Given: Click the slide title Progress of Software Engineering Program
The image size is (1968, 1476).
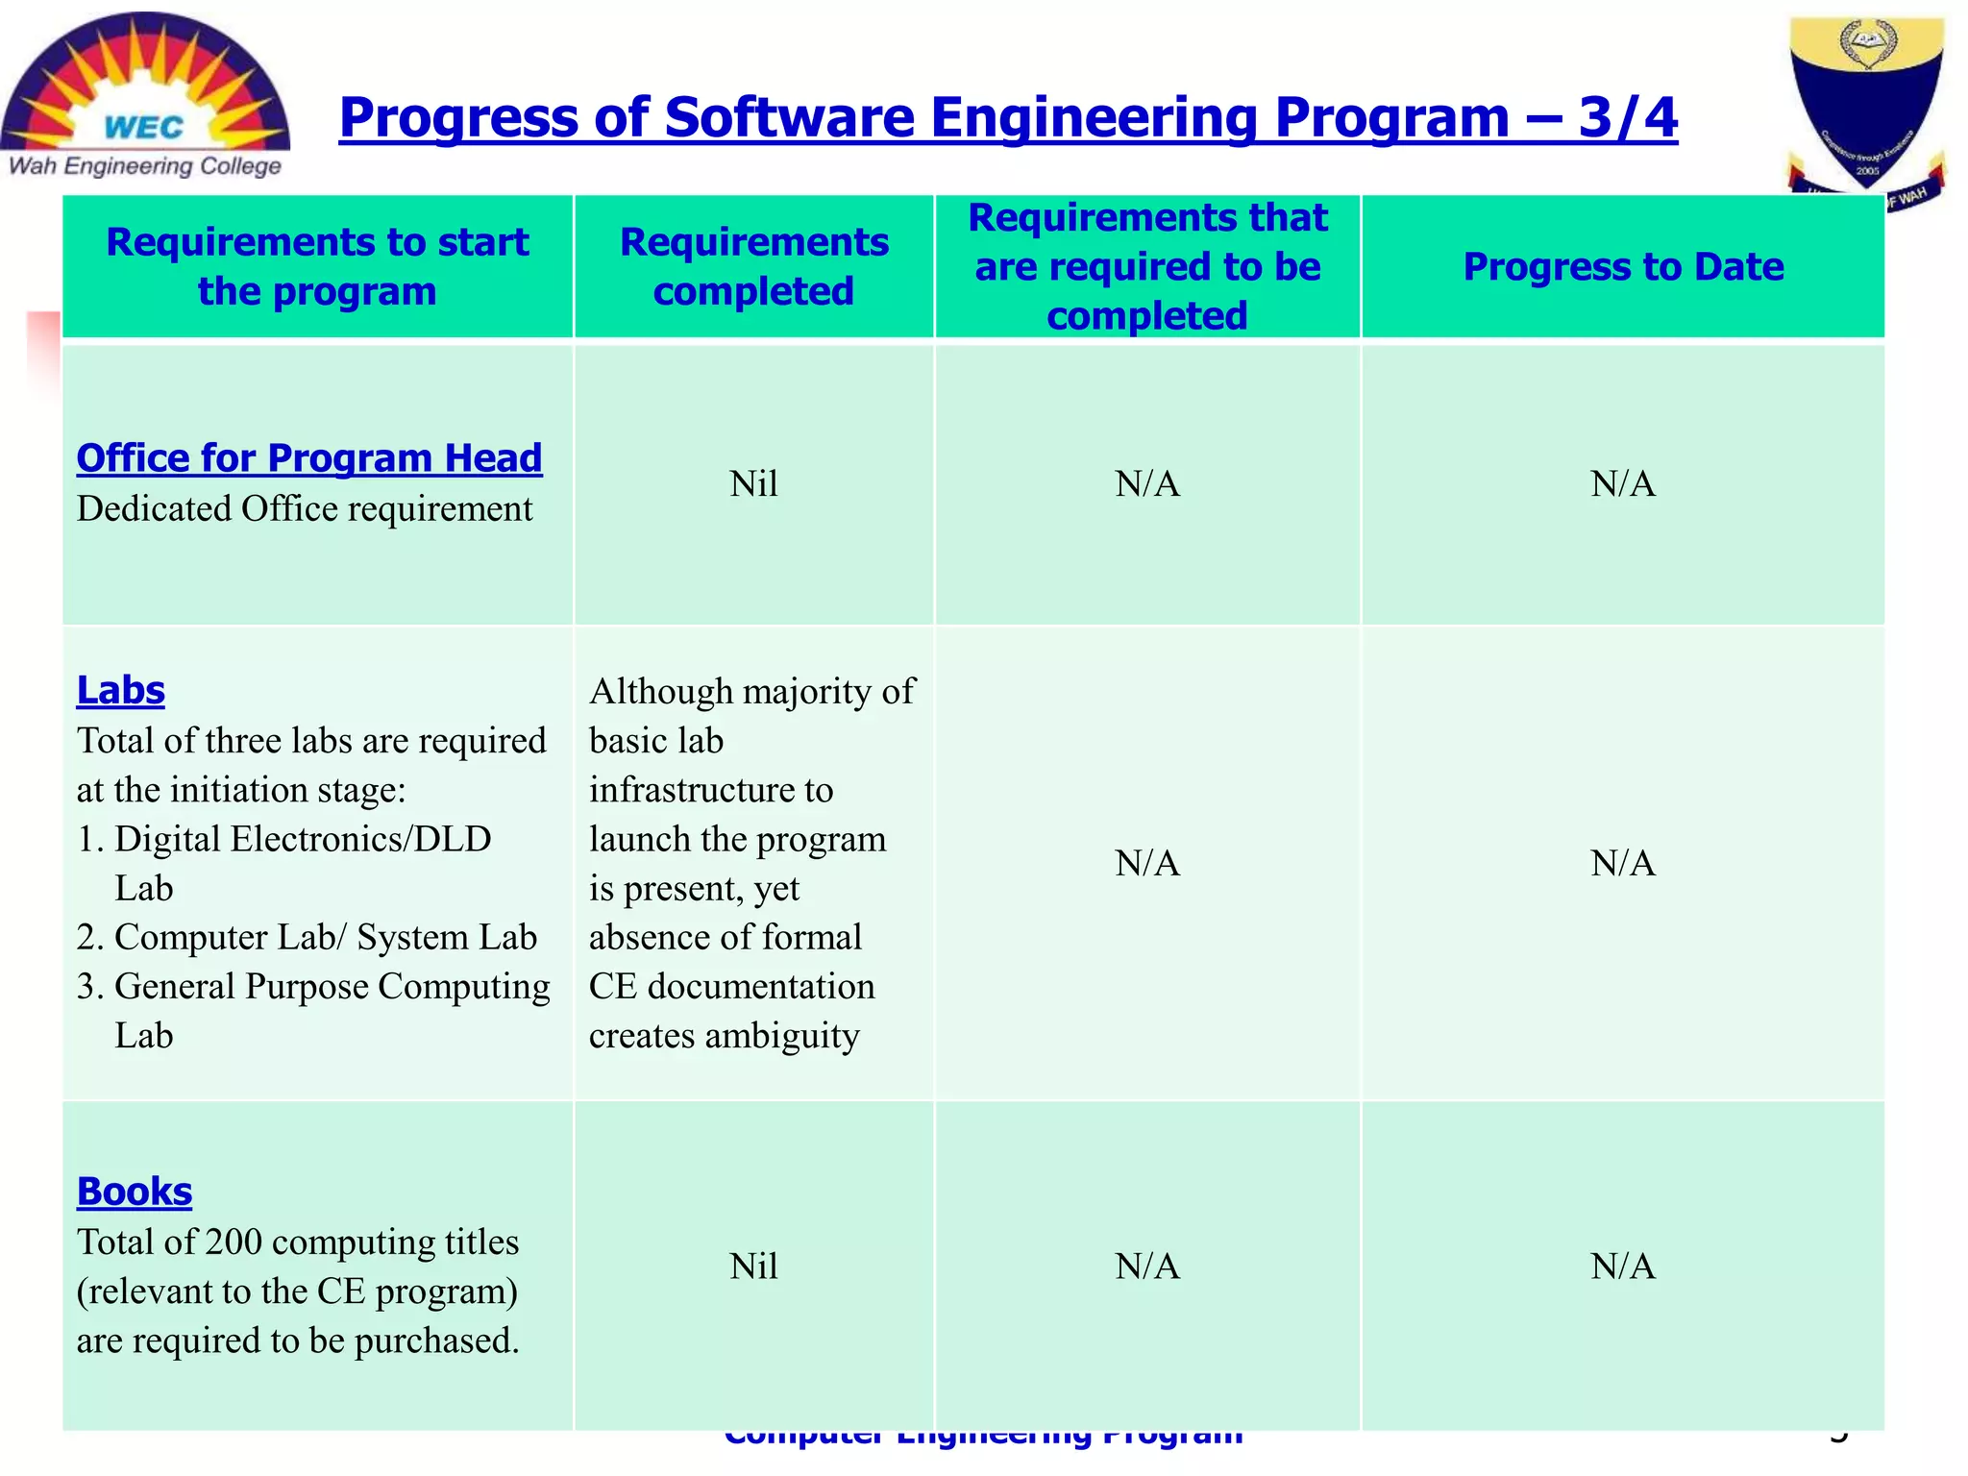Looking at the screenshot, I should tap(1007, 117).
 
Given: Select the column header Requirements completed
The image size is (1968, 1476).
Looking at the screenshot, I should tap(753, 266).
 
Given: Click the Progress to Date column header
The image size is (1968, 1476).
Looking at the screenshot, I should tap(1622, 266).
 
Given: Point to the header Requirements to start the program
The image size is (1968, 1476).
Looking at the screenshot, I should tap(317, 266).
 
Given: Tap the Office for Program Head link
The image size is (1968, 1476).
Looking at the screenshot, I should tap(308, 458).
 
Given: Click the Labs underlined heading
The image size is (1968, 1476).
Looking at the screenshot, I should tap(120, 690).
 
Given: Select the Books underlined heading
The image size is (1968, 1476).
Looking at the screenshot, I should tap(135, 1192).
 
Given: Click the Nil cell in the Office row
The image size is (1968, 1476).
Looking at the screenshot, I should tap(753, 483).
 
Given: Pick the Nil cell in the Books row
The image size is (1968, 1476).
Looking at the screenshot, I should tap(753, 1267).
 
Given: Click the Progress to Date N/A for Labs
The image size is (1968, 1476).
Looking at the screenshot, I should tap(1622, 863).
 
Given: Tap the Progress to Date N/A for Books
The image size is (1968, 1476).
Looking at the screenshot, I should tap(1622, 1267).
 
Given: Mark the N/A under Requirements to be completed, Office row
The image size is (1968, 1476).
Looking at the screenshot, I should tap(1147, 483).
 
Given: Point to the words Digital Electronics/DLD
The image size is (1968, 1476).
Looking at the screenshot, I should tap(303, 839).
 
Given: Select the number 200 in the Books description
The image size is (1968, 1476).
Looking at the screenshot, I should tap(234, 1242).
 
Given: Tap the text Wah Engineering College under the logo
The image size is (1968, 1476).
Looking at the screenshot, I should tap(144, 166).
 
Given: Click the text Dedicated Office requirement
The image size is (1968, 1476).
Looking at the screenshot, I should tap(304, 509).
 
